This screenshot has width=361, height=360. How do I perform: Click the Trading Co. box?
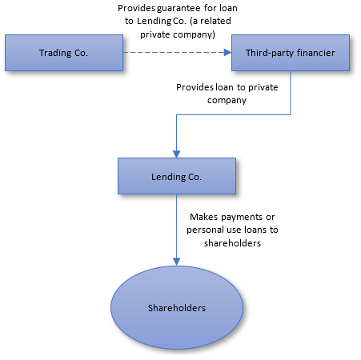pyautogui.click(x=64, y=53)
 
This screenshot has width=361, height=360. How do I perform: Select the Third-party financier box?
pyautogui.click(x=291, y=53)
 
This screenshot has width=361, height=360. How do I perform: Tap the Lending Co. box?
pyautogui.click(x=177, y=176)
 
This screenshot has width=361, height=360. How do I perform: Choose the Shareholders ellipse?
pyautogui.click(x=177, y=307)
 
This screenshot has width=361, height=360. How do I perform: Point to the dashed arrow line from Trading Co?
pyautogui.click(x=177, y=53)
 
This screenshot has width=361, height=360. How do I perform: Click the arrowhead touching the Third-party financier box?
pyautogui.click(x=227, y=53)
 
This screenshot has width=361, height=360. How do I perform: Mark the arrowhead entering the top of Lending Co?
pyautogui.click(x=177, y=154)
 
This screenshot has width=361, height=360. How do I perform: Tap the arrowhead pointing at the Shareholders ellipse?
pyautogui.click(x=177, y=262)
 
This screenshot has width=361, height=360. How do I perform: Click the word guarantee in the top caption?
pyautogui.click(x=178, y=9)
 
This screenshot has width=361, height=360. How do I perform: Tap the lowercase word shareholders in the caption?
pyautogui.click(x=232, y=243)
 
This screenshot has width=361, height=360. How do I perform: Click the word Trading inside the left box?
pyautogui.click(x=55, y=54)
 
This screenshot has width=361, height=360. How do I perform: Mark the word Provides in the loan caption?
pyautogui.click(x=195, y=87)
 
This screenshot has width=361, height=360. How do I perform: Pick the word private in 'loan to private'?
pyautogui.click(x=263, y=88)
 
